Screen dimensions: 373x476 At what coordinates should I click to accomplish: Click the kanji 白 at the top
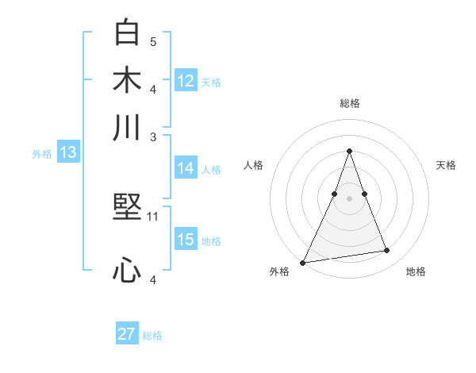point(128,33)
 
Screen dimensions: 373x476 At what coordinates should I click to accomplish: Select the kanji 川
point(128,128)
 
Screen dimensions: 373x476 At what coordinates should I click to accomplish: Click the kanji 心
point(128,271)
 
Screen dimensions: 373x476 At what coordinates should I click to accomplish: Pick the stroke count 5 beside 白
point(153,40)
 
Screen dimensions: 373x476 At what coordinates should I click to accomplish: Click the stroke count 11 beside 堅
point(154,216)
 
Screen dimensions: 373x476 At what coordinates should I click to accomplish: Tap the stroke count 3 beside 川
point(153,136)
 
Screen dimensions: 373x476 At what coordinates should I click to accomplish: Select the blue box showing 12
point(186,80)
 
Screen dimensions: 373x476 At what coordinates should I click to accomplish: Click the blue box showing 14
point(186,168)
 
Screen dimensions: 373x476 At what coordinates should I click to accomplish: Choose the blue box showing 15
point(186,240)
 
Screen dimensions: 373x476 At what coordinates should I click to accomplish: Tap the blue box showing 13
point(67,153)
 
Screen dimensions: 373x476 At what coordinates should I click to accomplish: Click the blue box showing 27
point(127,334)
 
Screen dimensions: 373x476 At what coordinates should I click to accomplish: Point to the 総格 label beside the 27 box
point(152,336)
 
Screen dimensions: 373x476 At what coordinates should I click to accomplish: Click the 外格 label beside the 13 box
point(42,154)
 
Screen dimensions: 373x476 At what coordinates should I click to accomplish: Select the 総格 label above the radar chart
point(349,103)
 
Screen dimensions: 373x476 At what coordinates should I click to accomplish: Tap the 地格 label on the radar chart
point(416,272)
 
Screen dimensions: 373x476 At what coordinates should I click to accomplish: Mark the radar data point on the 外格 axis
point(303,262)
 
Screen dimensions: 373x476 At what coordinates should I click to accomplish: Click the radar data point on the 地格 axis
point(387,251)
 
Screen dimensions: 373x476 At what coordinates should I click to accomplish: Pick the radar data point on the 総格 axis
point(349,151)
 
